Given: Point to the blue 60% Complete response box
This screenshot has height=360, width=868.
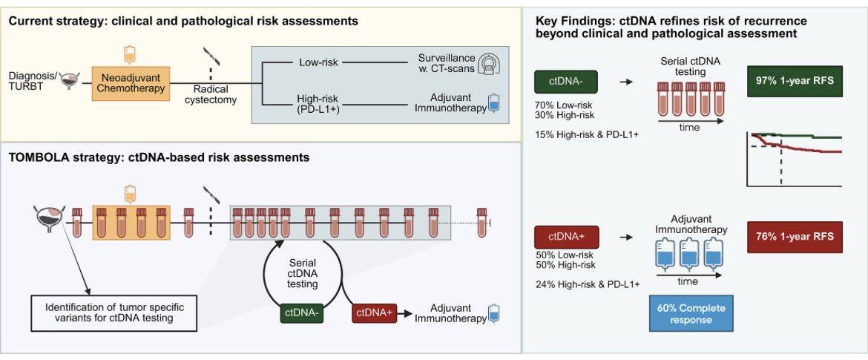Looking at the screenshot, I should [691, 313].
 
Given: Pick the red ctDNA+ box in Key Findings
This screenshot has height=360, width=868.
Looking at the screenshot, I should [566, 238].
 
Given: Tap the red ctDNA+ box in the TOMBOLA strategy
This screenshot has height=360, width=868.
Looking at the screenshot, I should [375, 313].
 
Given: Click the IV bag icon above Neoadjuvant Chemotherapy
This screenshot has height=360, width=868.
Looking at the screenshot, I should [129, 53].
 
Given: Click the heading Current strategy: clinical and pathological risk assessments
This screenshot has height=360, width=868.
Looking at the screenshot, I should [184, 21].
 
